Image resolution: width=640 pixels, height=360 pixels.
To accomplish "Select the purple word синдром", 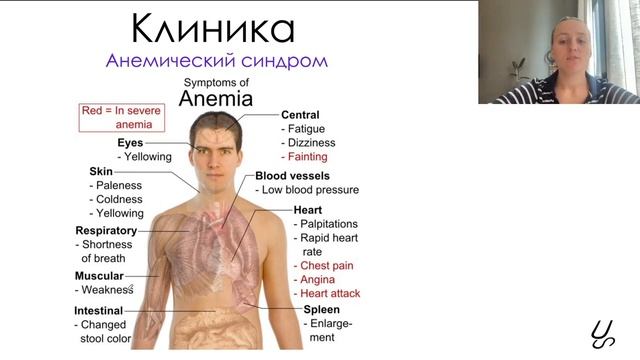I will (x=284, y=60).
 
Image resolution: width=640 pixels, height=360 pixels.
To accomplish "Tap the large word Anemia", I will (x=215, y=97).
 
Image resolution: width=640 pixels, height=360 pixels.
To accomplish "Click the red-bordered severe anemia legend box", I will (x=121, y=117).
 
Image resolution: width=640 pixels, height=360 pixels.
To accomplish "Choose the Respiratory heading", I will (x=106, y=231).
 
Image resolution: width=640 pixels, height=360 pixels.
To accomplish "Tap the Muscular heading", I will (x=99, y=276).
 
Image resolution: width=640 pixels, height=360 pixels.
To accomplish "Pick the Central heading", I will (x=300, y=115).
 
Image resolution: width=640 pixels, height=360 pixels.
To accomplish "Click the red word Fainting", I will (x=306, y=157).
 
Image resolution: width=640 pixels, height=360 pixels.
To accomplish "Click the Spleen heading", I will (x=323, y=310).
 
